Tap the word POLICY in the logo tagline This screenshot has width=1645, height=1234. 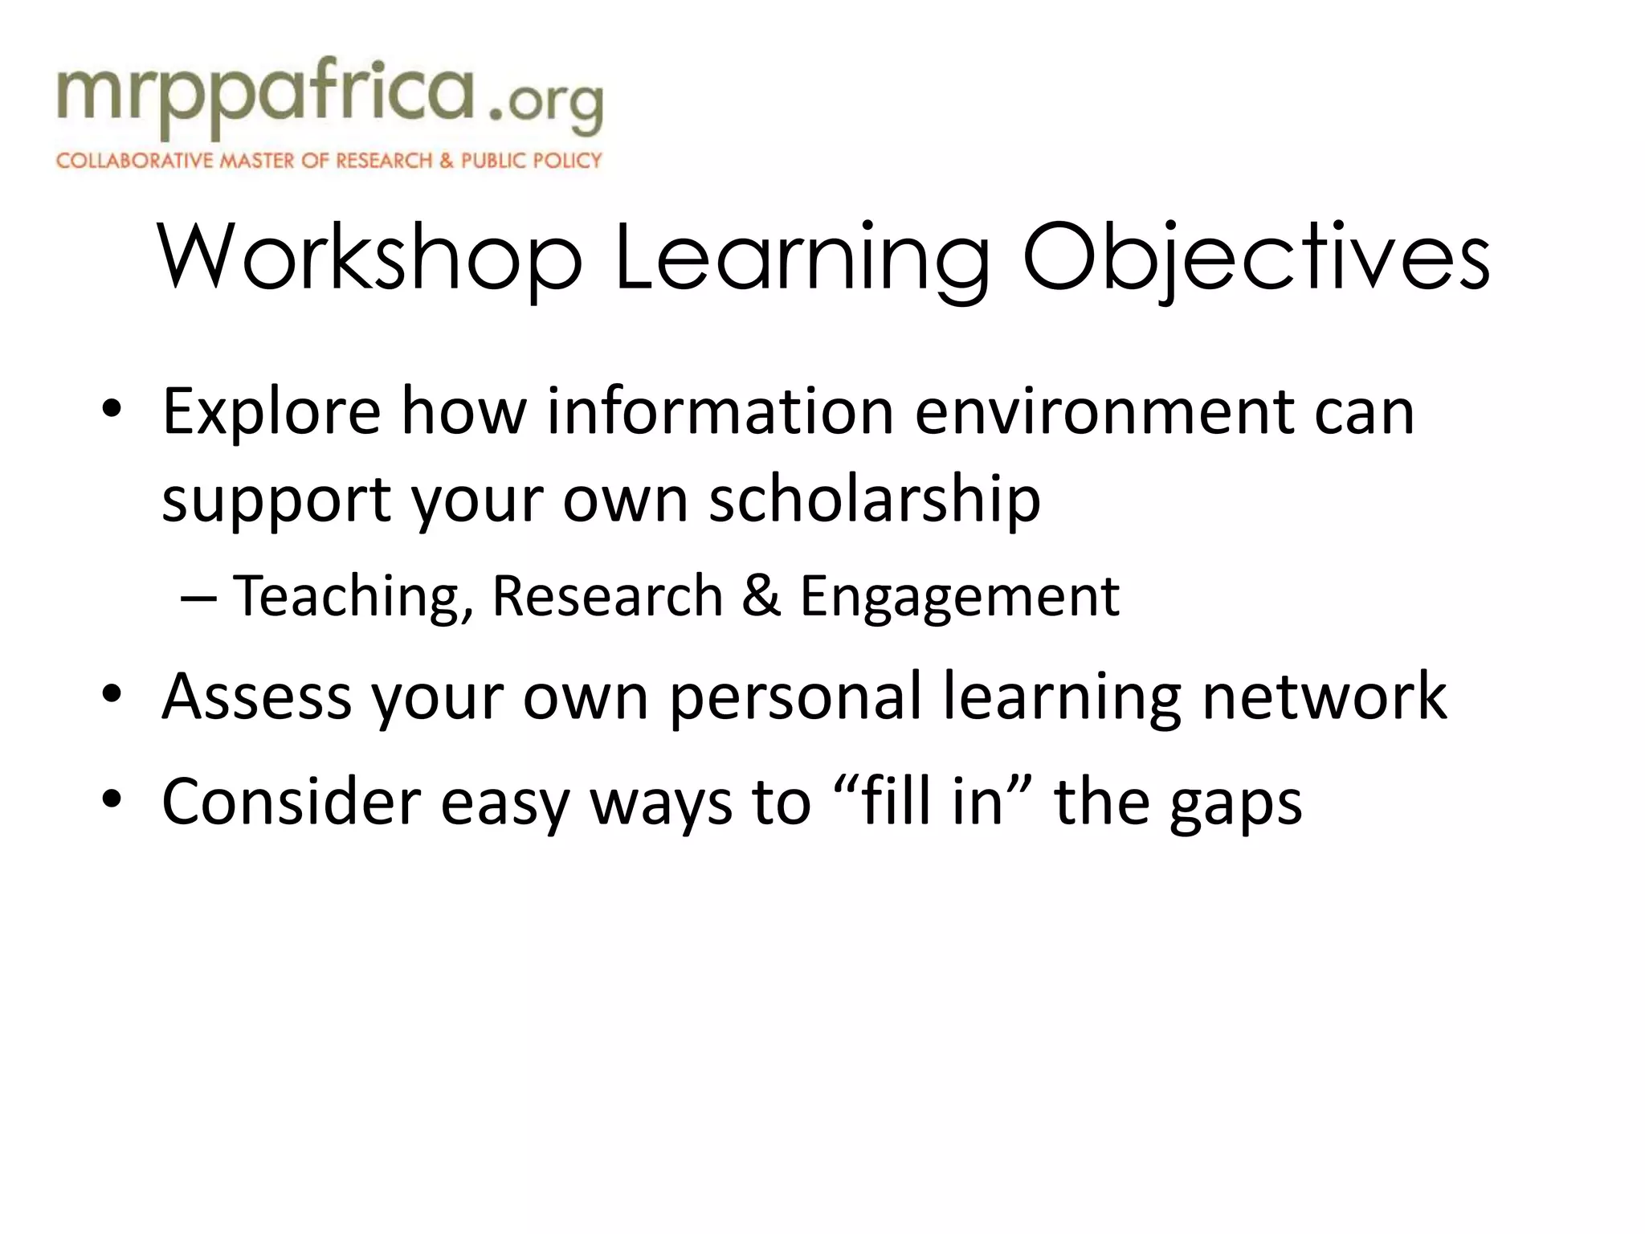point(567,161)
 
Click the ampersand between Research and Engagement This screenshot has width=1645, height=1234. point(761,596)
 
